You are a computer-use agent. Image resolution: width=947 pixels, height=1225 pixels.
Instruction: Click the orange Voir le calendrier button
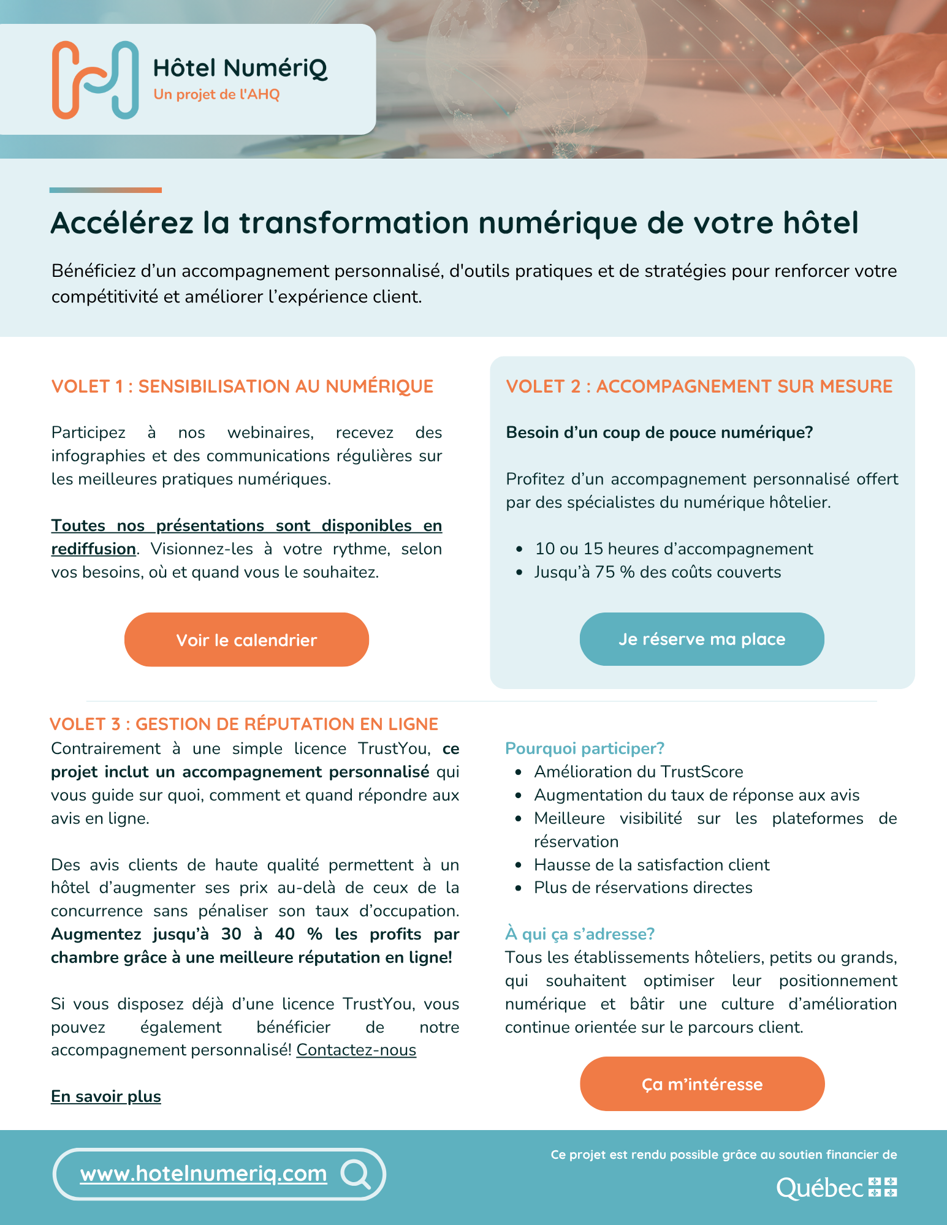tap(246, 640)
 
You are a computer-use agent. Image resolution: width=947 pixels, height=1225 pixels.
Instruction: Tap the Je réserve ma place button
tap(702, 639)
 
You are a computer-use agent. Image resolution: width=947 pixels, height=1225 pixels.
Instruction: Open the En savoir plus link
tap(106, 1096)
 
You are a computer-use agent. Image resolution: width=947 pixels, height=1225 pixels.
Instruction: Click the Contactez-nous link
tap(356, 1050)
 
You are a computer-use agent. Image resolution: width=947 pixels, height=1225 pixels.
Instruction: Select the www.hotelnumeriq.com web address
tap(203, 1174)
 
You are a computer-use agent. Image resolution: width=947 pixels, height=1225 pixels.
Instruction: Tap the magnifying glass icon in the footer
tap(356, 1174)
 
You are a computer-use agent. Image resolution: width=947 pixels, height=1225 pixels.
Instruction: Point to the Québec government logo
tap(836, 1188)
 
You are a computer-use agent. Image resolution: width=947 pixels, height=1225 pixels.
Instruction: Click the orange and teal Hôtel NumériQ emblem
tap(95, 80)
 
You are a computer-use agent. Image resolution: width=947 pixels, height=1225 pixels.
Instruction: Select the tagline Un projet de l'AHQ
tap(216, 94)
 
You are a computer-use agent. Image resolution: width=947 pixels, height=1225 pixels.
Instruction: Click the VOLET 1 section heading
tap(242, 386)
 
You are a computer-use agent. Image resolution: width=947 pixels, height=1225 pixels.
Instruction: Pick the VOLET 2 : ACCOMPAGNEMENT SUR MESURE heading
tap(699, 386)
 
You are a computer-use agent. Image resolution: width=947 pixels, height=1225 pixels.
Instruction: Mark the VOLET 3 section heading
tap(244, 724)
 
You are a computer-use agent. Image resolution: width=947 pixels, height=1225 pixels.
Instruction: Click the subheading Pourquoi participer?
tap(585, 748)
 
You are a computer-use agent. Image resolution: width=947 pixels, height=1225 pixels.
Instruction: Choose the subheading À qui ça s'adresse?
tap(580, 934)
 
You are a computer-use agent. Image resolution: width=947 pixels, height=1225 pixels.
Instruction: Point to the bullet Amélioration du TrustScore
tap(638, 772)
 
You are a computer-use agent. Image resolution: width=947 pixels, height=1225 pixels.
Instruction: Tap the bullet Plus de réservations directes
tap(643, 888)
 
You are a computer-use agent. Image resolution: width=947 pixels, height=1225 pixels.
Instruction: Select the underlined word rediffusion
tap(94, 549)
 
